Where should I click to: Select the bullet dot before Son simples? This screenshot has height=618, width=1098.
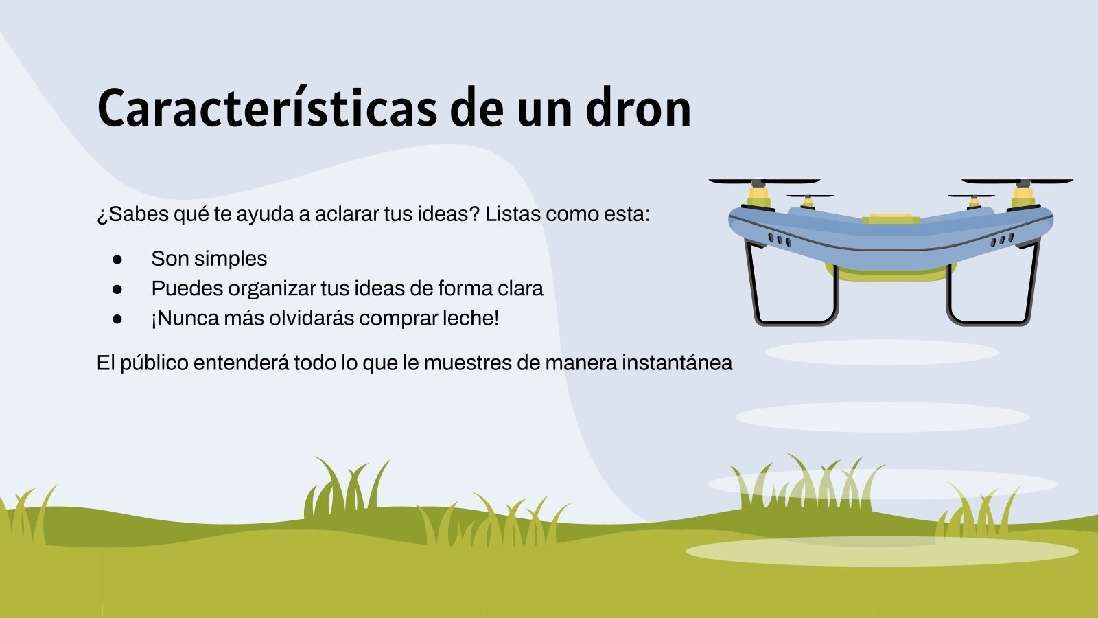(117, 260)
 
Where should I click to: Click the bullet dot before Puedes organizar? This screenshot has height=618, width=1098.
(117, 289)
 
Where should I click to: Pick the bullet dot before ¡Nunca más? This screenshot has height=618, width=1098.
(117, 319)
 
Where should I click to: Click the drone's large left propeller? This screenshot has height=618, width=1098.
(764, 181)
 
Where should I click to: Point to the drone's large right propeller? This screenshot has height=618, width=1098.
(1017, 181)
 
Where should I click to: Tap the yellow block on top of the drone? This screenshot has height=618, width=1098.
(891, 218)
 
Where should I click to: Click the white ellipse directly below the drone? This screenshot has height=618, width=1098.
(882, 352)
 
